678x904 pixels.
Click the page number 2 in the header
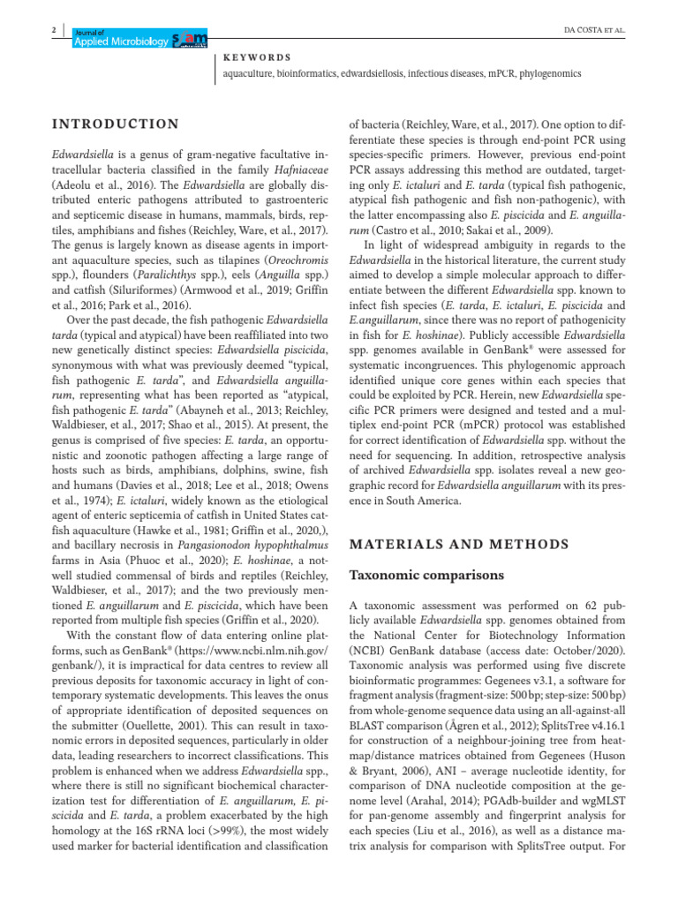coord(55,31)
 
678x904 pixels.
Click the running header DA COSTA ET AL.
coord(593,30)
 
